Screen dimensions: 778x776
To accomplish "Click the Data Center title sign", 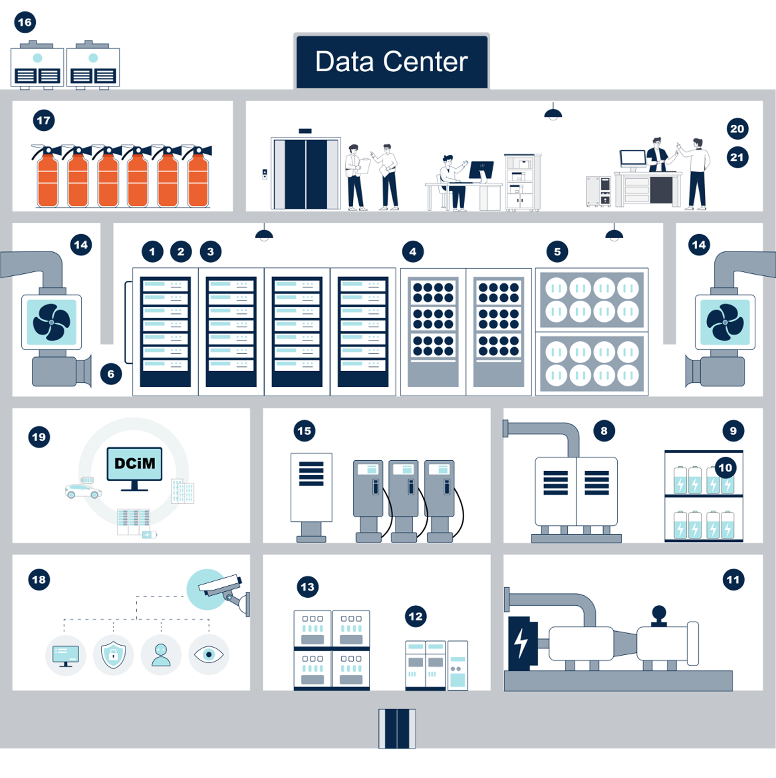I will click(391, 61).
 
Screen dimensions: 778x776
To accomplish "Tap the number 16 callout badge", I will click(25, 22).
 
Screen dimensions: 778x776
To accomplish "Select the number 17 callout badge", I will click(43, 121).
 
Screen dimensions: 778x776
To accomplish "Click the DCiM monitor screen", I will click(134, 464).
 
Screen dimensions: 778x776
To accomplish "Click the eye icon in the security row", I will click(209, 654).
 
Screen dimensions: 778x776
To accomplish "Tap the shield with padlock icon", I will click(113, 654).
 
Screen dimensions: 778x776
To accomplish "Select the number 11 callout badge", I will click(733, 580).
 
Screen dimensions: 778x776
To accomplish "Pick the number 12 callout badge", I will click(415, 616).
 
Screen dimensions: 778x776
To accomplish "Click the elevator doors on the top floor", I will click(306, 174).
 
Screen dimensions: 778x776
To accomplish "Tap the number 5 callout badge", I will click(557, 252).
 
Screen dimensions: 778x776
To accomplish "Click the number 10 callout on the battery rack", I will click(725, 468).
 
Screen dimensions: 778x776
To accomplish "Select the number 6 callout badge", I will click(111, 374).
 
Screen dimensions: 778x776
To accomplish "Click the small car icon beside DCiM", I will click(83, 491).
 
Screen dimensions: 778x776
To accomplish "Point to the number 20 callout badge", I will click(737, 129).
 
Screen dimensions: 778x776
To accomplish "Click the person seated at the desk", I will click(452, 183).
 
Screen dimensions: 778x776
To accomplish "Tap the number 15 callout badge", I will click(304, 431).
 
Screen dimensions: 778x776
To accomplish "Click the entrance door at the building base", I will click(397, 728).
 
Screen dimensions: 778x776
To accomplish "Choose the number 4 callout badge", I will click(413, 252).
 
